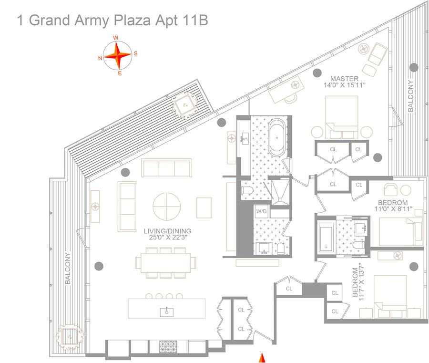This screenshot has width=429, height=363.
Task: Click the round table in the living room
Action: click(167, 206)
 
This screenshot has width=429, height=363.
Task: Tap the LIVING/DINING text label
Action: click(165, 231)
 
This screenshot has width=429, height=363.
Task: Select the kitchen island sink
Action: click(168, 311)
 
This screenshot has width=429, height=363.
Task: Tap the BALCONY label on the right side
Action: click(410, 96)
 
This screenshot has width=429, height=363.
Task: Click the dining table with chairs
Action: click(165, 262)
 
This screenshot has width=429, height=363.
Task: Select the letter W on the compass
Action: click(116, 38)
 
